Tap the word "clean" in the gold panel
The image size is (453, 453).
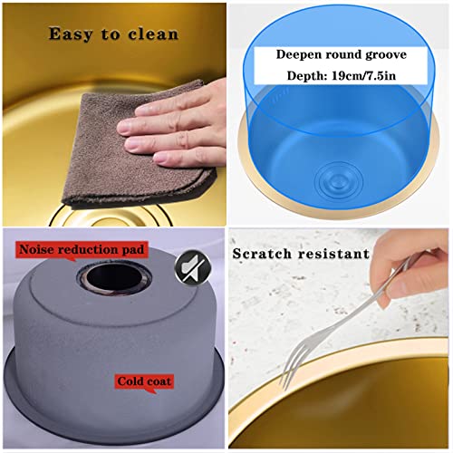pyautogui.click(x=153, y=34)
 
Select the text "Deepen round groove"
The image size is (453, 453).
pyautogui.click(x=342, y=54)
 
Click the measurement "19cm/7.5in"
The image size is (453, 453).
pyautogui.click(x=363, y=75)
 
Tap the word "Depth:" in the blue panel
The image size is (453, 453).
pyautogui.click(x=307, y=75)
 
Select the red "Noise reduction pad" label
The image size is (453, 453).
pyautogui.click(x=82, y=250)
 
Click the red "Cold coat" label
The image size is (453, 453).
pyautogui.click(x=144, y=382)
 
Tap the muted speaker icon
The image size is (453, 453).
pyautogui.click(x=193, y=267)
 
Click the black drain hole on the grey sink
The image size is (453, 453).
pyautogui.click(x=114, y=277)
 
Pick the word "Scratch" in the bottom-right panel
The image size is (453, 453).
pyautogui.click(x=262, y=254)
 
